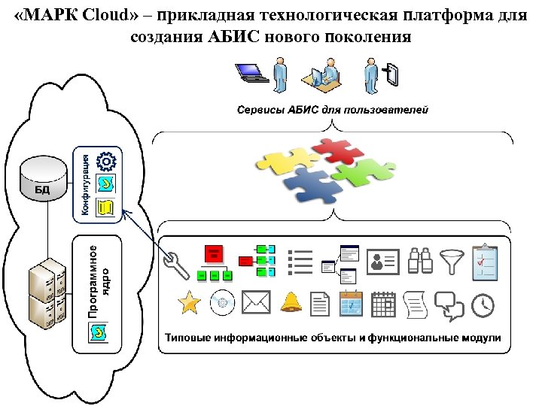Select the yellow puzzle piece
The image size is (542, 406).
click(x=287, y=161)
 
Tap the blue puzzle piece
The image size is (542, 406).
click(x=314, y=186)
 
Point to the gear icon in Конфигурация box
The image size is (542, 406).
click(x=107, y=160)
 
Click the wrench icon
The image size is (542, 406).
click(x=181, y=263)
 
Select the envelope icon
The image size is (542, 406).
click(x=256, y=303)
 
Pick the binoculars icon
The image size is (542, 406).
click(x=419, y=261)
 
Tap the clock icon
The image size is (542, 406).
click(x=483, y=304)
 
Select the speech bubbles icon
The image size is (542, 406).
click(x=450, y=304)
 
